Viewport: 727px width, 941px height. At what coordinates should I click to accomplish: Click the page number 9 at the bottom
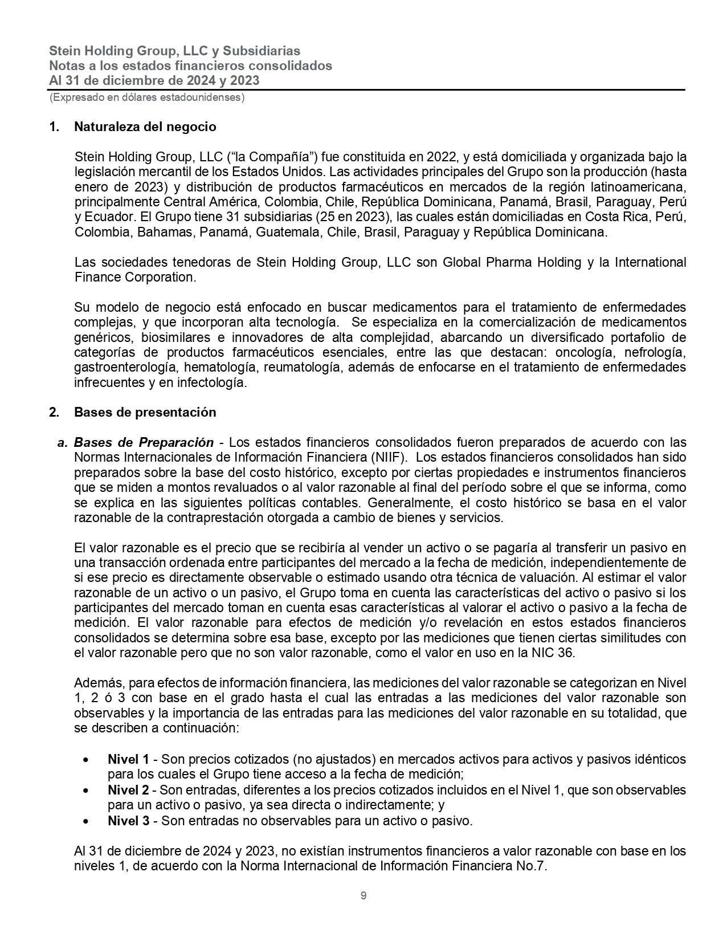click(x=363, y=895)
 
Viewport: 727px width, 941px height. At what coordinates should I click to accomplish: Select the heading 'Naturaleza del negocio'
click(x=145, y=127)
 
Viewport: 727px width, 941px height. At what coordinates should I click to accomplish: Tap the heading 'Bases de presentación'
click(x=145, y=412)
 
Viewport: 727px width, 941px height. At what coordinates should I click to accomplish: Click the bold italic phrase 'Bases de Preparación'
click(x=144, y=443)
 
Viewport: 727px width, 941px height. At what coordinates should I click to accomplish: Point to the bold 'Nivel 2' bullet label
click(x=128, y=790)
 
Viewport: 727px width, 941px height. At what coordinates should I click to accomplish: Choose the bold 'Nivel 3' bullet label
click(x=128, y=821)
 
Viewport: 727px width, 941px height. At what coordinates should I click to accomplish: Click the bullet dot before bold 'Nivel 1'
click(x=85, y=760)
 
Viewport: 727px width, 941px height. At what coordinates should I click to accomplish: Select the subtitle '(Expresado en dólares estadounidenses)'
click(x=147, y=97)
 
